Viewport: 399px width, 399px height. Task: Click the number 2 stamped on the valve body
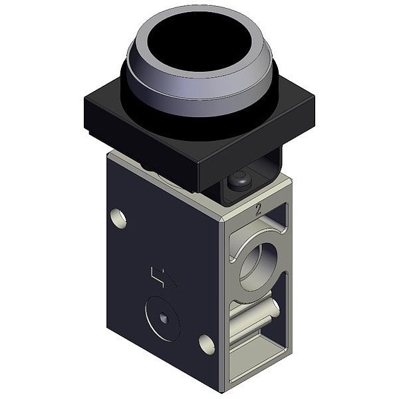[x=258, y=209]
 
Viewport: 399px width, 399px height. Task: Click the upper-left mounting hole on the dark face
[x=118, y=218]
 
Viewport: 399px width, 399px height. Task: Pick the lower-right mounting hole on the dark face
[x=206, y=344]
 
